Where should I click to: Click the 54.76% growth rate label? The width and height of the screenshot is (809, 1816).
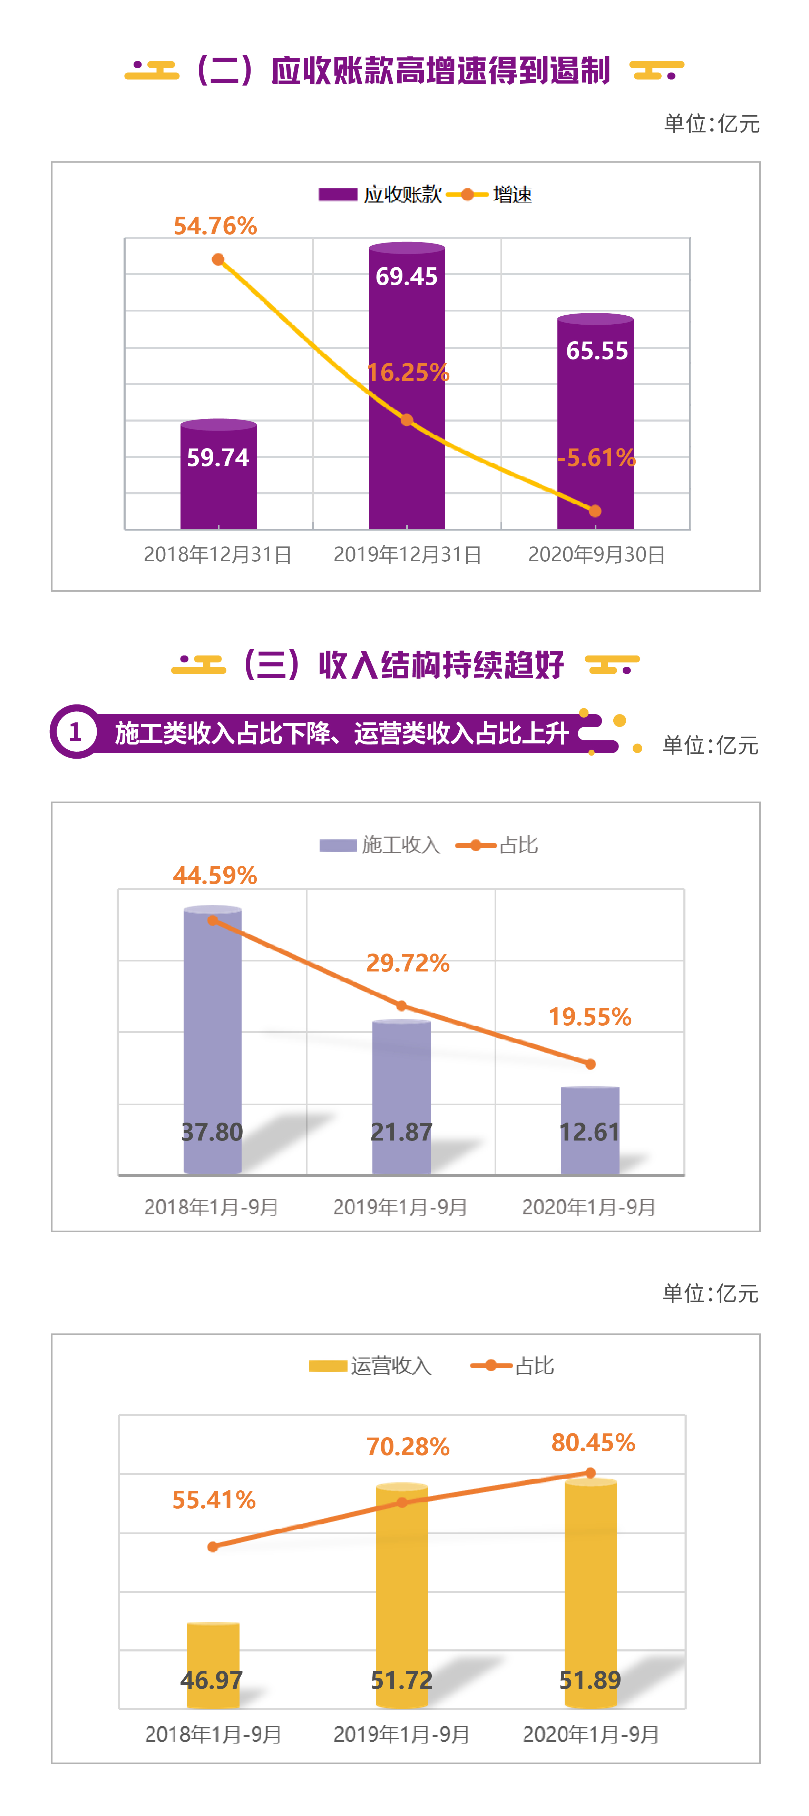(215, 226)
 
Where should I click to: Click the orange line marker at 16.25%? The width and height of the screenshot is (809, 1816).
(407, 420)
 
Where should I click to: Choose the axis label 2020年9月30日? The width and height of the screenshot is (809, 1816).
(597, 555)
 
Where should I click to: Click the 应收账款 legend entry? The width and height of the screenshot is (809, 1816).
(381, 195)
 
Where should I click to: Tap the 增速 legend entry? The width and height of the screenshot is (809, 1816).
(490, 195)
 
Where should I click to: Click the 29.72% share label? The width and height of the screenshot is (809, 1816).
(408, 963)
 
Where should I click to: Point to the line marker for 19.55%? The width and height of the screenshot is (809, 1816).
(590, 1064)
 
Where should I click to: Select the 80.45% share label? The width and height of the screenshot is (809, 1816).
(593, 1442)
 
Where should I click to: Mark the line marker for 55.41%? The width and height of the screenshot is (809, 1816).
(213, 1547)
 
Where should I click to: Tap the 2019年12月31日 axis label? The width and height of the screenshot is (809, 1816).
(407, 555)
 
